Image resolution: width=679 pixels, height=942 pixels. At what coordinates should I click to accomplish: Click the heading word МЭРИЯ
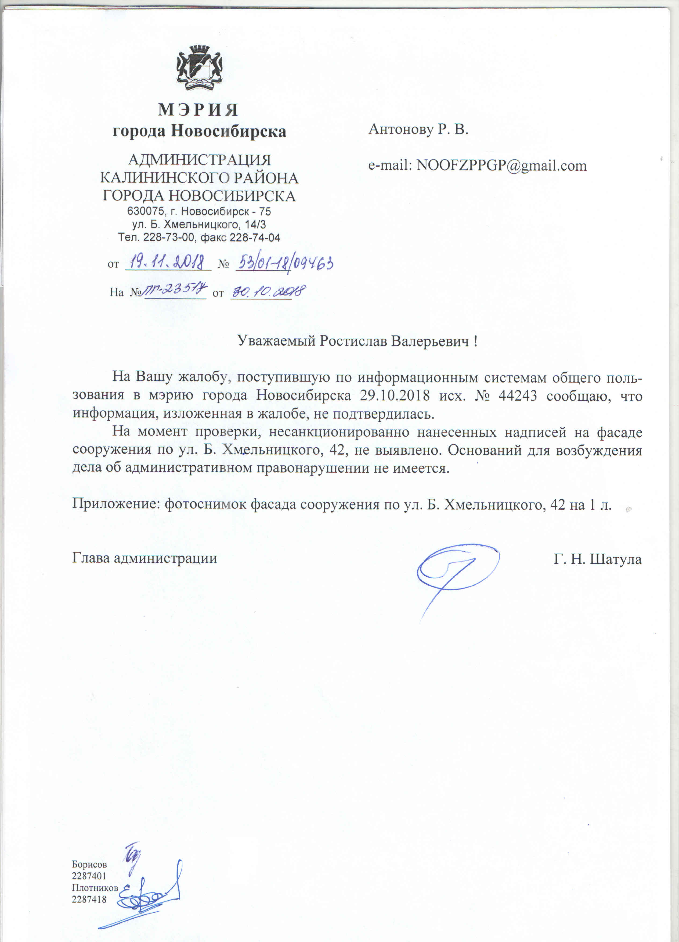click(x=198, y=110)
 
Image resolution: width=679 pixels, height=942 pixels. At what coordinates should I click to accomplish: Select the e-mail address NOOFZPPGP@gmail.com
click(x=501, y=165)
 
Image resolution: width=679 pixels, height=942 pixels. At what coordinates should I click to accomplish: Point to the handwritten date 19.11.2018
click(x=168, y=262)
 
